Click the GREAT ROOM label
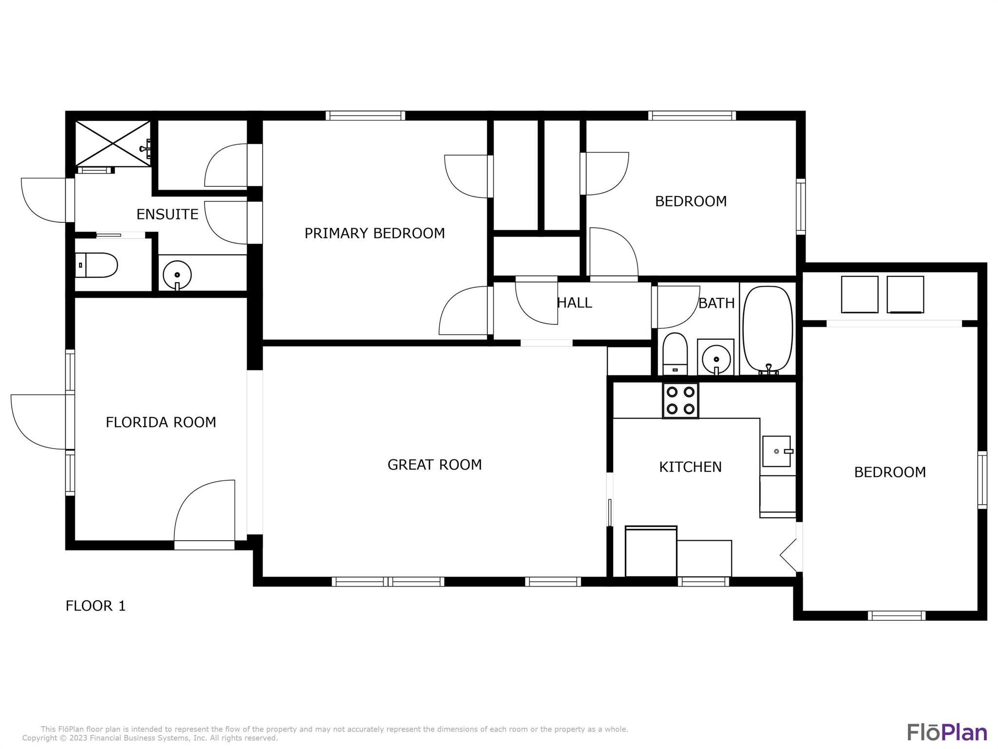point(435,465)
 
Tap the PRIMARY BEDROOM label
point(375,233)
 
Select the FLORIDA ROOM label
point(161,422)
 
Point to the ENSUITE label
point(167,215)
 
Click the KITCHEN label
point(690,467)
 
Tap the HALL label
point(575,303)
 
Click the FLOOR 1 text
point(96,606)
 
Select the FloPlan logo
point(947,732)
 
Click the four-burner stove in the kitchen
point(680,400)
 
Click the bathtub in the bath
point(768,330)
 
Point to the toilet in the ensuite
point(96,265)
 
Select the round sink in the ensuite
point(177,276)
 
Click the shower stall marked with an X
point(113,143)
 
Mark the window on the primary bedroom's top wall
point(365,116)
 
